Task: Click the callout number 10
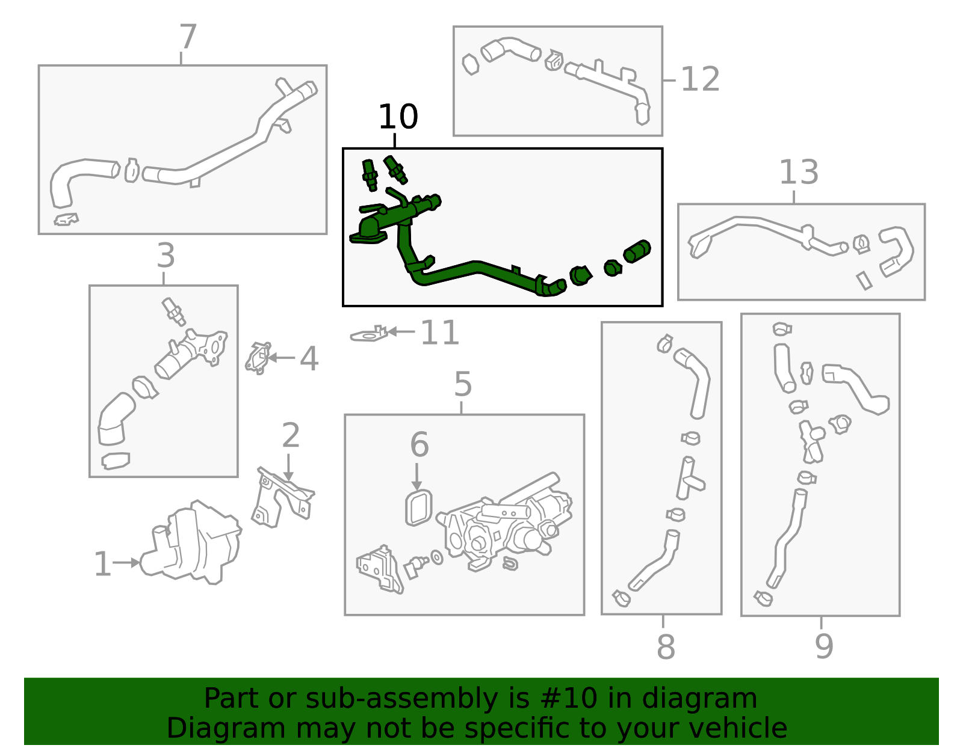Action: (x=398, y=117)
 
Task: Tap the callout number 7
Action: (x=188, y=37)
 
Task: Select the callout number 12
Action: (x=700, y=79)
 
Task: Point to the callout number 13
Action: (x=799, y=172)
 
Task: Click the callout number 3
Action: (x=166, y=256)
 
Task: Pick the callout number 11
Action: (x=439, y=333)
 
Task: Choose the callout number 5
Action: (x=463, y=384)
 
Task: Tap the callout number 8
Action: (x=666, y=647)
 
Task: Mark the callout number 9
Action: (x=825, y=647)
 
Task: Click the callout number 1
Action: (x=103, y=564)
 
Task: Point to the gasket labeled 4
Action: (x=258, y=358)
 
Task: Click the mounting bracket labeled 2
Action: (x=283, y=498)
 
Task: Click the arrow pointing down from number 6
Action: (x=416, y=477)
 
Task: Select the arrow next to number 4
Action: (x=281, y=357)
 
